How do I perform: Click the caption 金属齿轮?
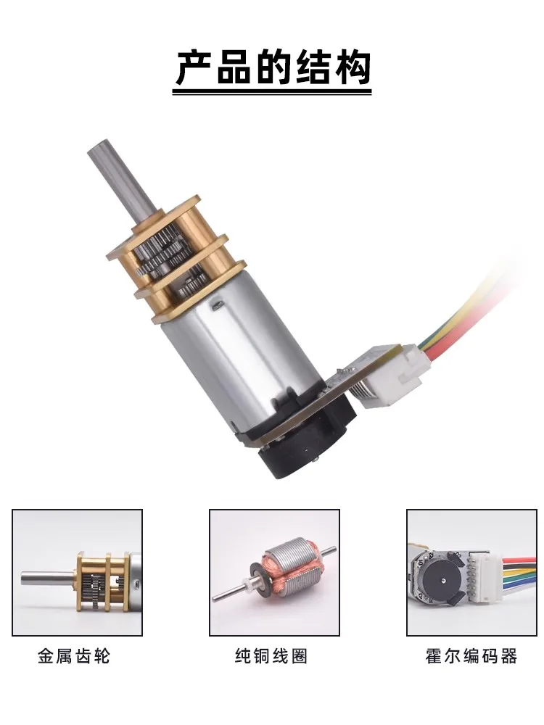click(75, 656)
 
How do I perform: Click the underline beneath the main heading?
click(273, 93)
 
